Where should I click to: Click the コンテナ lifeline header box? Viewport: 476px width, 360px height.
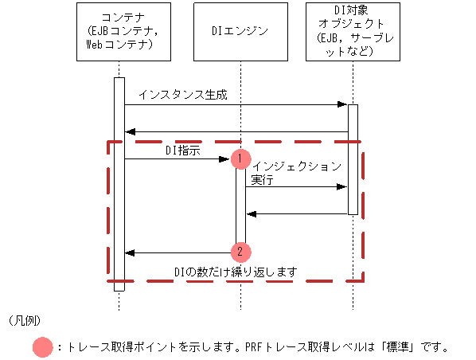coord(119,32)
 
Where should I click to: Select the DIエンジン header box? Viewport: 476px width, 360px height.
coord(240,32)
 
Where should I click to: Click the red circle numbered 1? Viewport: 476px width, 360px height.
coord(240,158)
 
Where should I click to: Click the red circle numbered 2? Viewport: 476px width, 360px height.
coord(240,252)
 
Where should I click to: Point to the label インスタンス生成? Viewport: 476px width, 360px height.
coord(182,95)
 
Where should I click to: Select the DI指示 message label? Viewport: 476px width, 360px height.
coord(184,150)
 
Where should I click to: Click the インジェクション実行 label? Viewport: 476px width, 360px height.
coord(295,173)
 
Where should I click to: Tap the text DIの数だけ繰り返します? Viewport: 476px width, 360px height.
coord(236,272)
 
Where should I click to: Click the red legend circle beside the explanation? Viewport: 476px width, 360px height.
coord(43,347)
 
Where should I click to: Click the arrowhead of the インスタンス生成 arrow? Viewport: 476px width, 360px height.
coord(343,104)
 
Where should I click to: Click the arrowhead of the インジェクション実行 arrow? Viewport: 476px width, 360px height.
coord(343,187)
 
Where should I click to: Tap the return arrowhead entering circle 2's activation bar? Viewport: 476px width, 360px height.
coord(251,213)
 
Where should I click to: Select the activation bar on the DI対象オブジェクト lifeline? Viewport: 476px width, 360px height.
coord(353,159)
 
